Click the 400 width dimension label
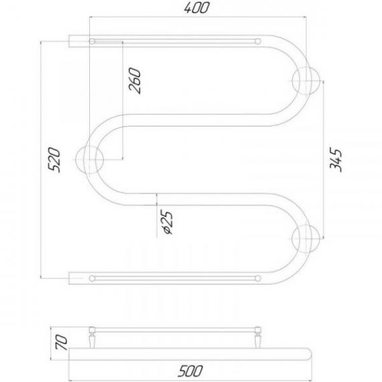[x=196, y=8]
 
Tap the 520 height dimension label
[x=54, y=160]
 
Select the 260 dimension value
[x=135, y=80]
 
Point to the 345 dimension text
[x=336, y=160]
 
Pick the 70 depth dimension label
[x=61, y=342]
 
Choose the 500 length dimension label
[x=190, y=371]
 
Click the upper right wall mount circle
[x=306, y=80]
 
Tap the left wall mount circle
[x=90, y=160]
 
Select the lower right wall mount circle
[x=306, y=239]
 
